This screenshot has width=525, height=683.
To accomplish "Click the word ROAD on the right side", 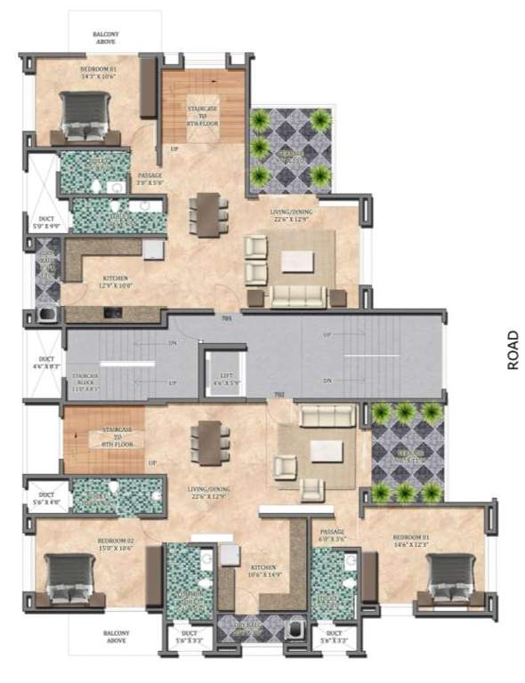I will pyautogui.click(x=513, y=350).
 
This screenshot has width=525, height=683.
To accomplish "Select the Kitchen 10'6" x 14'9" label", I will pyautogui.click(x=262, y=570).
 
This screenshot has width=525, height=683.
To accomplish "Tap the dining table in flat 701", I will pyautogui.click(x=208, y=214).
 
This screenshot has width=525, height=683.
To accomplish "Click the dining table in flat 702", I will pyautogui.click(x=209, y=442).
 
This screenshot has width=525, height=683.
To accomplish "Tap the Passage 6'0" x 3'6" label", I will pyautogui.click(x=331, y=534).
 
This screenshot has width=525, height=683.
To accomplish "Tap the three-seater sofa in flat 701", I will pyautogui.click(x=299, y=295).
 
